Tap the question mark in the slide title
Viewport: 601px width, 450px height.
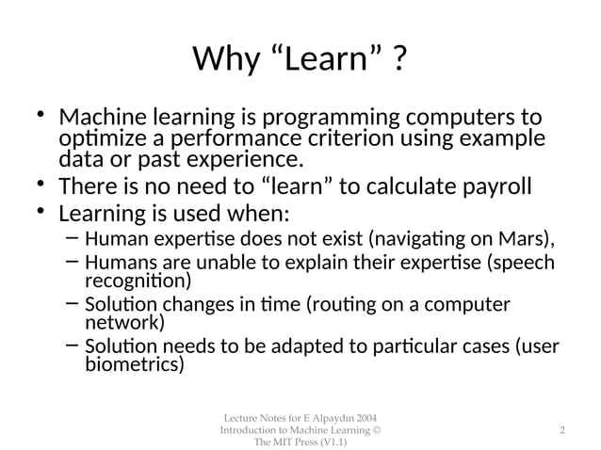[x=400, y=61]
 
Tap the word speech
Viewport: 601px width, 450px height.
[x=524, y=263]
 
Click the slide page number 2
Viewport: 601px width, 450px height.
[x=561, y=430]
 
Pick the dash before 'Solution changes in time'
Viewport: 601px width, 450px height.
[x=72, y=304]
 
